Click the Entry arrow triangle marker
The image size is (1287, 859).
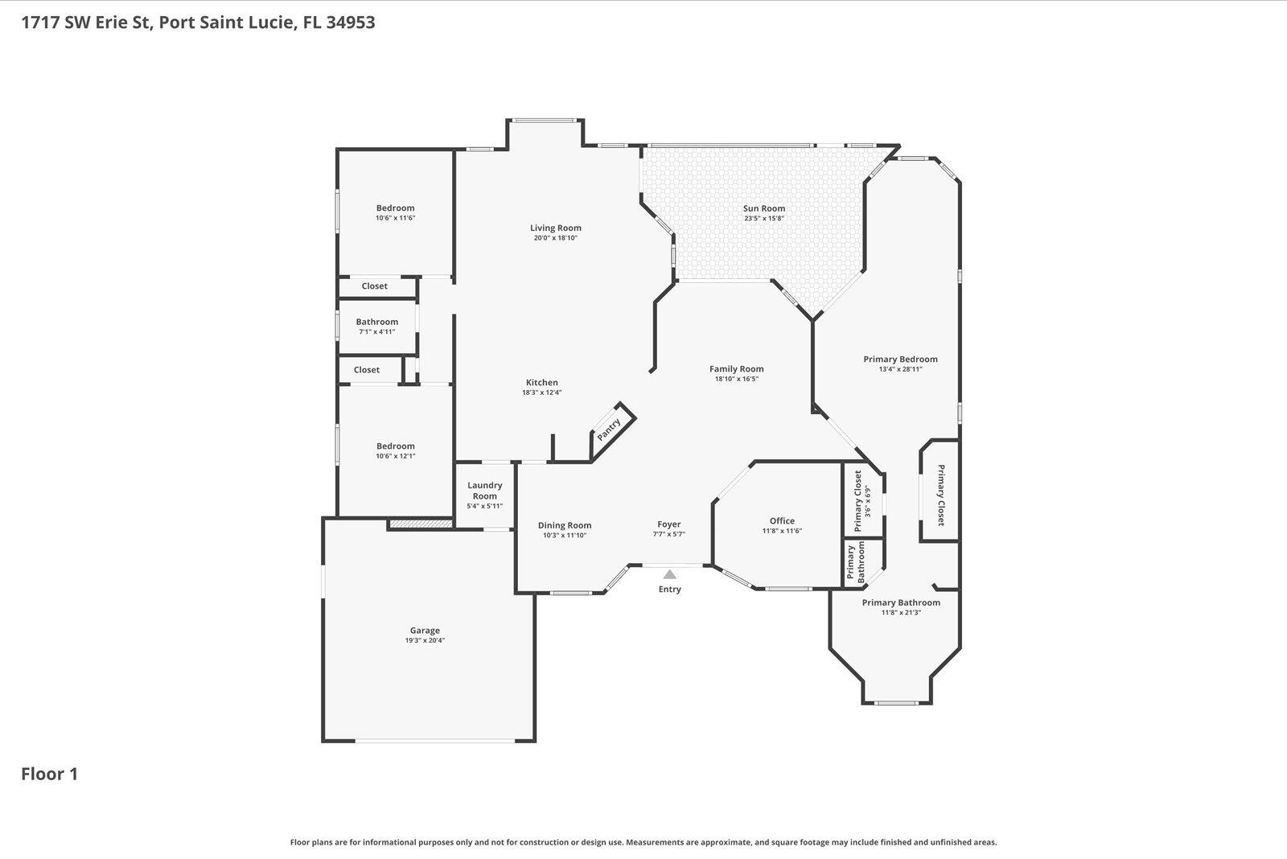point(669,574)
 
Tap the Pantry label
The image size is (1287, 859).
point(609,429)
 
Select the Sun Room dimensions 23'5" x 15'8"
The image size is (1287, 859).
point(763,219)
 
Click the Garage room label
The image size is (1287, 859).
point(425,631)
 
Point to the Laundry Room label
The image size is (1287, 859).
point(485,491)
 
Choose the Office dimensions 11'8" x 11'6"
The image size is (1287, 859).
point(782,531)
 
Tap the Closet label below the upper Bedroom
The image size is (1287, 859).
point(374,286)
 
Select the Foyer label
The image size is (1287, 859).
point(669,524)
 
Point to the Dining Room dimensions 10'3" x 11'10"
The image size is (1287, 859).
point(565,536)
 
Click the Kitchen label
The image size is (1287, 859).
point(541,383)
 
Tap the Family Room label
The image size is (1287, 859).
point(736,369)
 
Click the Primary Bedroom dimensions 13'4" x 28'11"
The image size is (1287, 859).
point(900,370)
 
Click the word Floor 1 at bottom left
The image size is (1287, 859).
point(49,775)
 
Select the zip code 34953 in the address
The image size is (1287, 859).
point(351,22)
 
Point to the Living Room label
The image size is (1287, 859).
point(555,228)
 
